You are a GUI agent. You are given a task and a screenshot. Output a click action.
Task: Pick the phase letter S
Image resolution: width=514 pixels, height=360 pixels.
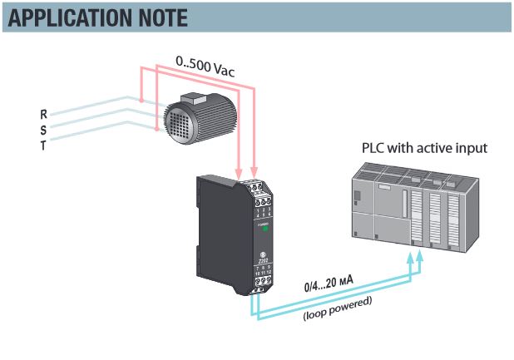(43, 129)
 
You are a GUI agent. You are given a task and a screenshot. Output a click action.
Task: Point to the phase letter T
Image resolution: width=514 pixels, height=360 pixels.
(43, 145)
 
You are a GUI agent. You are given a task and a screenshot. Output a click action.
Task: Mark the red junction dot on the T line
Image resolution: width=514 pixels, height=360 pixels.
(156, 129)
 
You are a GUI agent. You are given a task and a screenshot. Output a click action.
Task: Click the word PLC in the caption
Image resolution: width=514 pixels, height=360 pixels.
(373, 148)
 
